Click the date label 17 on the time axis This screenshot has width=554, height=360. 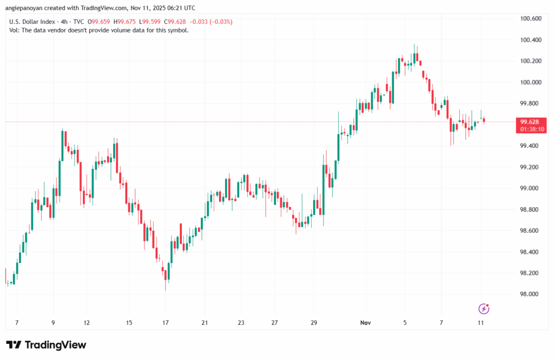click(x=166, y=322)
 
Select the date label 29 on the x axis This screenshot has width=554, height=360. click(x=314, y=322)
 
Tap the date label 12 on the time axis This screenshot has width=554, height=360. click(x=87, y=322)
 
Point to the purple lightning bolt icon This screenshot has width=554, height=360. click(x=484, y=309)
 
